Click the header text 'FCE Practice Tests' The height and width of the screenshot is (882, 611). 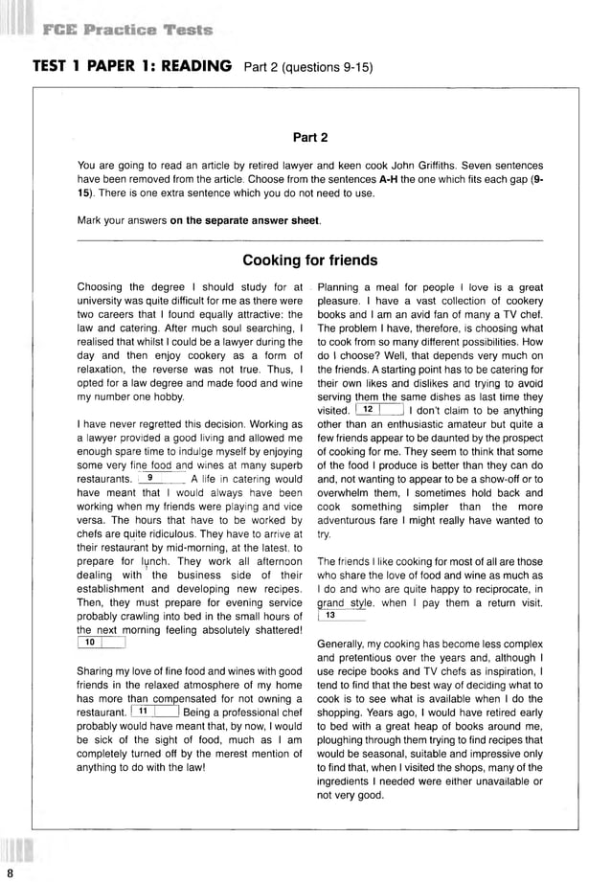point(127,30)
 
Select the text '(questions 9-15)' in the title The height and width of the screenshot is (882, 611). point(326,68)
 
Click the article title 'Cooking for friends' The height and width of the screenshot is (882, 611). point(309,260)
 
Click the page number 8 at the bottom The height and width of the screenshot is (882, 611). point(10,872)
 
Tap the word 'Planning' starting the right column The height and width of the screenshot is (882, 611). point(341,287)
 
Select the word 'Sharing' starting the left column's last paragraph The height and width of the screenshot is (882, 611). point(96,671)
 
